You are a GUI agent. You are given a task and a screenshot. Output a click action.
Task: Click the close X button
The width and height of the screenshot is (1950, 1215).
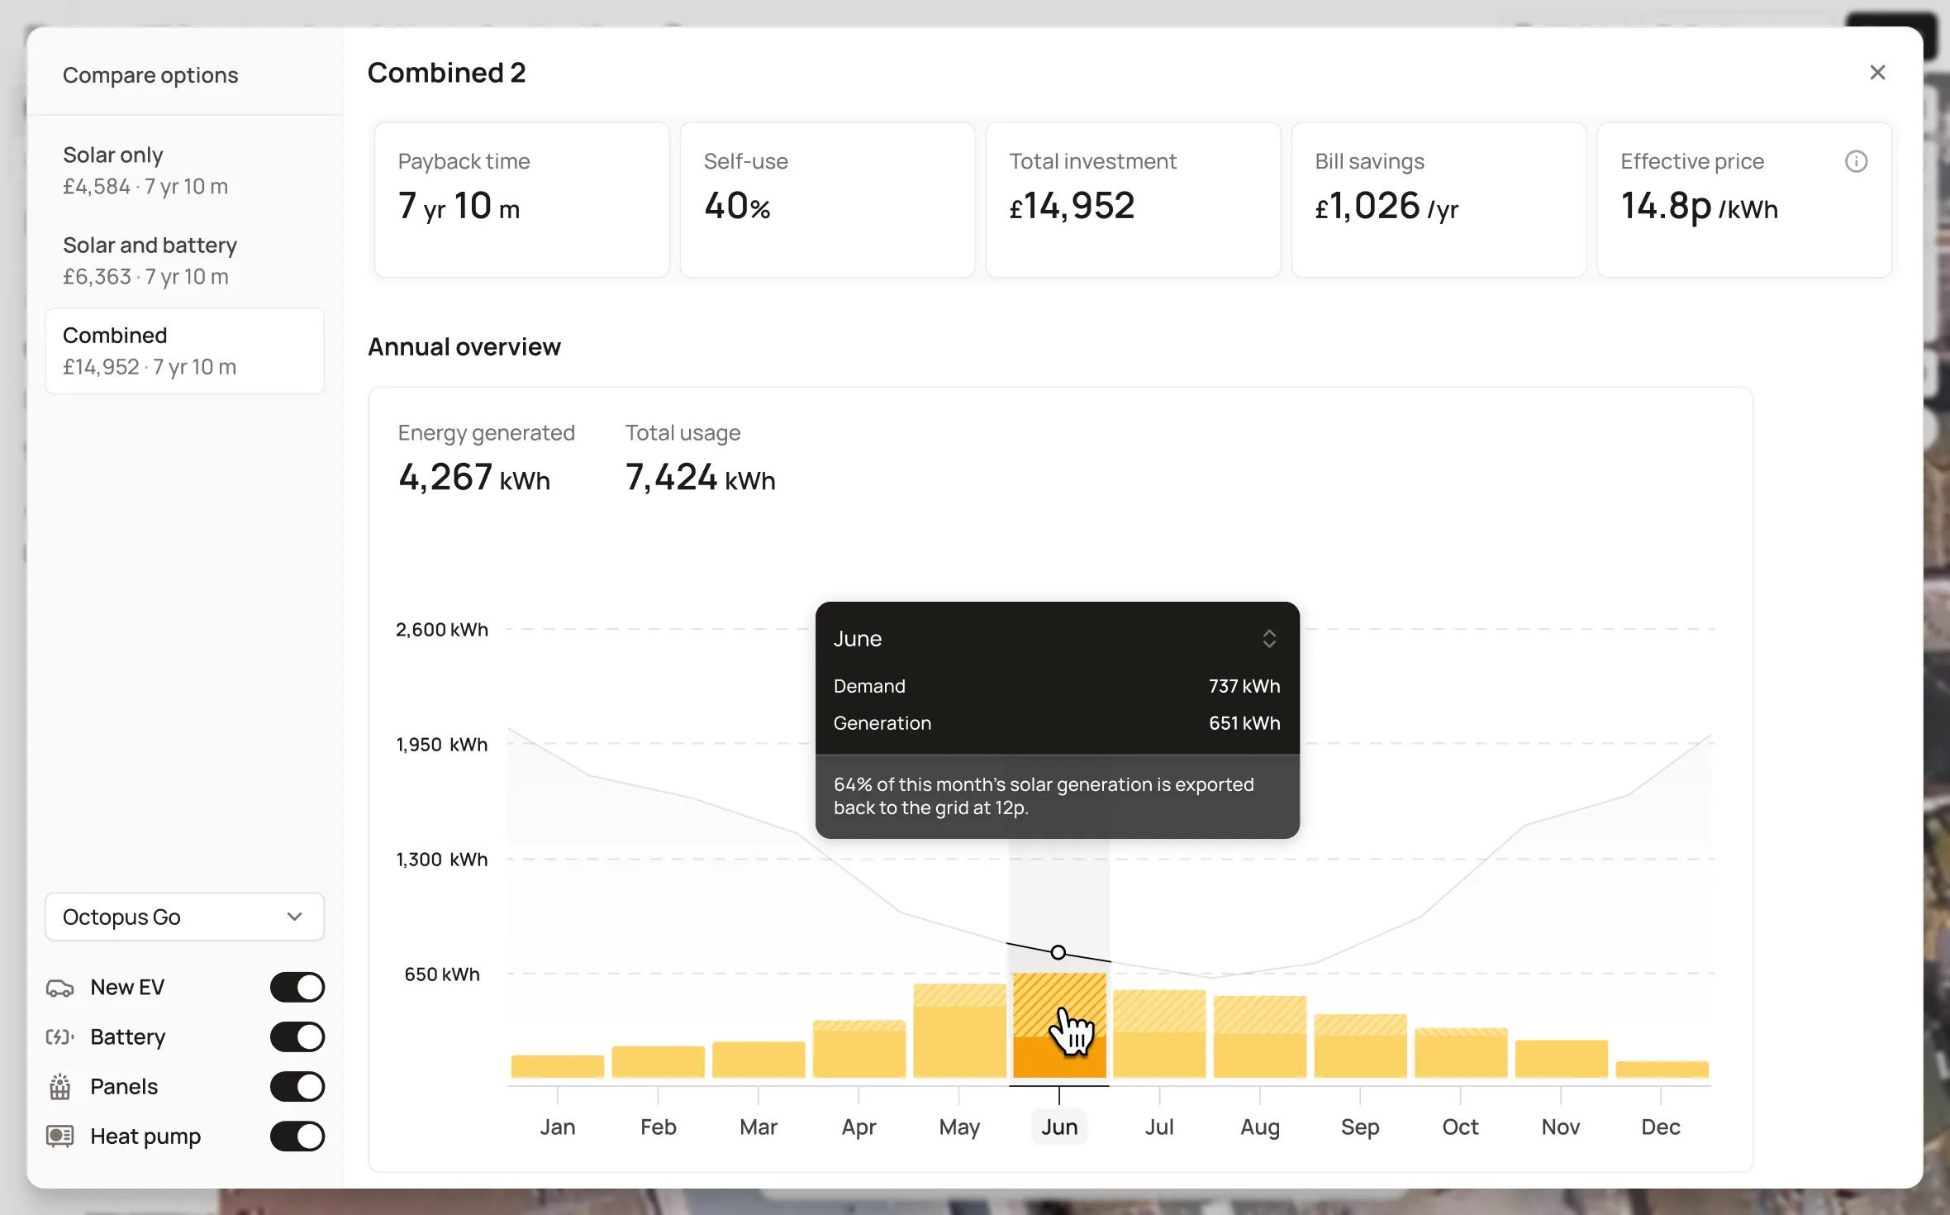coord(1877,73)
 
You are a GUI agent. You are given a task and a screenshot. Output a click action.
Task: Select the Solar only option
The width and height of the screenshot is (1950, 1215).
coord(145,170)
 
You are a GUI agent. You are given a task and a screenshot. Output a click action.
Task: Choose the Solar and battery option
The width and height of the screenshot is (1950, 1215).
coord(150,260)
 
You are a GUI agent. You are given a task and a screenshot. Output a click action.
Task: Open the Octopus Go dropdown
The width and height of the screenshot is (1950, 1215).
coord(184,917)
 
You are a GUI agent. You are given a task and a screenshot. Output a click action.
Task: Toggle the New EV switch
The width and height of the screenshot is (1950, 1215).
coord(297,987)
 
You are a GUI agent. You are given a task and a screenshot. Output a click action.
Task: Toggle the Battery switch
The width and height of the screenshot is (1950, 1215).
coord(297,1036)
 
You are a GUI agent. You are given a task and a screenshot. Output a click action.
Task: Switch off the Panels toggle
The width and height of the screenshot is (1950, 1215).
coord(297,1086)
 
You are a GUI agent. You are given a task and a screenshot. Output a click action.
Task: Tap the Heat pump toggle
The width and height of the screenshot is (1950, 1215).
coord(297,1136)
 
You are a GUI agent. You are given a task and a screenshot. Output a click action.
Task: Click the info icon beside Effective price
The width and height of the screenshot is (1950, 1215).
coord(1856,161)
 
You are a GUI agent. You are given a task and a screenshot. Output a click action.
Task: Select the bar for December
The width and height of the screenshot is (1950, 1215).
coord(1662,1070)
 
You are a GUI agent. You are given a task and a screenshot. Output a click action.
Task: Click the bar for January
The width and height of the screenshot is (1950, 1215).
coord(558,1066)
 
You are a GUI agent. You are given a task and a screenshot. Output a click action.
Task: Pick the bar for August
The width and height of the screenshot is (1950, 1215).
coord(1260,1036)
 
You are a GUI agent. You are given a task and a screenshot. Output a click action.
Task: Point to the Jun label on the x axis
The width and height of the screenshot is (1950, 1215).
coord(1059,1127)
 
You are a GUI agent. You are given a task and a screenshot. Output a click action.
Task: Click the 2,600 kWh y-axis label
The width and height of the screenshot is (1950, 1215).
coord(442,630)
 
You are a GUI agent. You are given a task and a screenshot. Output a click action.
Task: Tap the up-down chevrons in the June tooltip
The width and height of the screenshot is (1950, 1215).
coord(1269,639)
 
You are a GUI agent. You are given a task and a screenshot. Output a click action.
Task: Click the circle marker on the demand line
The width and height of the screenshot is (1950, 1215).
coord(1058,952)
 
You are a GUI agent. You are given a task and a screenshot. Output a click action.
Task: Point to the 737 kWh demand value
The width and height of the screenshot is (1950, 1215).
coord(1244,686)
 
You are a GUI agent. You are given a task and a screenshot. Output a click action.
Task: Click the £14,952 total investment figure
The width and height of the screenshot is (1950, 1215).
coord(1072,206)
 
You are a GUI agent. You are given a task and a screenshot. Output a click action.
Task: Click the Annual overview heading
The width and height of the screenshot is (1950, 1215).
coord(464,346)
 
